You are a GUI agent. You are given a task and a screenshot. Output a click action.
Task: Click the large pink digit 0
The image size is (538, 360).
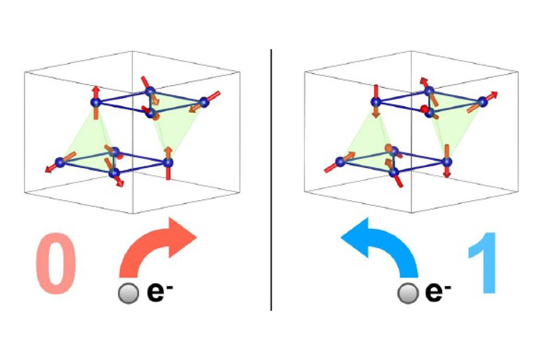pyautogui.click(x=56, y=263)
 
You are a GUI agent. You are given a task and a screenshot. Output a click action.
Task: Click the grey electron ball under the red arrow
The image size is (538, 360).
pyautogui.click(x=128, y=293)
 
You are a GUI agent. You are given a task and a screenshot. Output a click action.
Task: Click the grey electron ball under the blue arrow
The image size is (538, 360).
pyautogui.click(x=408, y=293)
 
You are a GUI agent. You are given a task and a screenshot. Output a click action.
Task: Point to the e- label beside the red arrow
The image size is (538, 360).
pyautogui.click(x=160, y=292)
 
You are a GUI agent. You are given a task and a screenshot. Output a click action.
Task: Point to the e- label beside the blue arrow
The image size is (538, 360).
pyautogui.click(x=438, y=292)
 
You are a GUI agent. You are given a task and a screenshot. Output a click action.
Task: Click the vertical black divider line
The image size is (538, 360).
pyautogui.click(x=272, y=180)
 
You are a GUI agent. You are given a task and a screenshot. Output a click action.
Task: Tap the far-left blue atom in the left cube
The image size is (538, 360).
pyautogui.click(x=60, y=162)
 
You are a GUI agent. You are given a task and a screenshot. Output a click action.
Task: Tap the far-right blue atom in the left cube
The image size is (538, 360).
pyautogui.click(x=204, y=102)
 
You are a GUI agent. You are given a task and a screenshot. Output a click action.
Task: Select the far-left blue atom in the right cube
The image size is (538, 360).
pyautogui.click(x=340, y=161)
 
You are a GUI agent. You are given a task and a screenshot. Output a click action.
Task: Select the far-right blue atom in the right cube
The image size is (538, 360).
pyautogui.click(x=483, y=102)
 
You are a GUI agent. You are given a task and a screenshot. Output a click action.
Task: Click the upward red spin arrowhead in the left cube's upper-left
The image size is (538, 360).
pyautogui.click(x=96, y=90)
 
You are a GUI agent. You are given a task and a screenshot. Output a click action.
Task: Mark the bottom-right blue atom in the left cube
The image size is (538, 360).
pyautogui.click(x=168, y=162)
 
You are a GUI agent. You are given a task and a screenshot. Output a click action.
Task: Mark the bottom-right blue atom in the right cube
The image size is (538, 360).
pyautogui.click(x=446, y=161)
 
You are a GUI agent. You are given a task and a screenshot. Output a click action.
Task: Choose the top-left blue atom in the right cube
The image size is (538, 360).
pyautogui.click(x=376, y=102)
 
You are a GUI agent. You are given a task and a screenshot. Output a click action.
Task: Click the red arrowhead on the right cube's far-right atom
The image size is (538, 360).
pyautogui.click(x=493, y=95)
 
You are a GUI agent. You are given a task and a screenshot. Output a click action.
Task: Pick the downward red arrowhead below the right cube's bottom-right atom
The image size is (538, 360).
pyautogui.click(x=447, y=174)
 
